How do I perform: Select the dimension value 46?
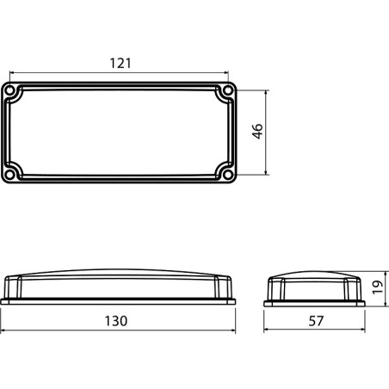[256, 131]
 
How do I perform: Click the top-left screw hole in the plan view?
[11, 90]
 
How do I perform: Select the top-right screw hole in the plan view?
[228, 90]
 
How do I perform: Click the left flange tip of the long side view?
[3, 301]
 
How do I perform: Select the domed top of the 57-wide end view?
[315, 276]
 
